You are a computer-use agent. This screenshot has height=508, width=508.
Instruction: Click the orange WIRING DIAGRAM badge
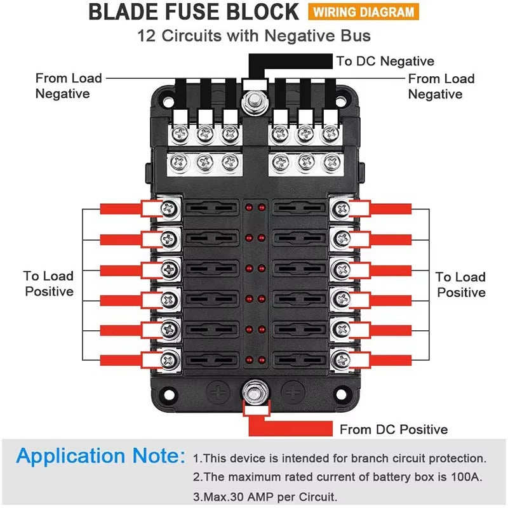(x=363, y=12)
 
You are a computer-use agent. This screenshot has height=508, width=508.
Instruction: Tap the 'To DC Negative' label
(x=385, y=61)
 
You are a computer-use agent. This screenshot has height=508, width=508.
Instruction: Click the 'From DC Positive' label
(x=394, y=429)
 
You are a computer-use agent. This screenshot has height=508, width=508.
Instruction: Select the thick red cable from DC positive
(x=290, y=427)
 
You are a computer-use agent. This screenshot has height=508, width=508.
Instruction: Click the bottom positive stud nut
(x=256, y=392)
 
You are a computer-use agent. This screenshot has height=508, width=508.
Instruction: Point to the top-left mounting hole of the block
(x=167, y=102)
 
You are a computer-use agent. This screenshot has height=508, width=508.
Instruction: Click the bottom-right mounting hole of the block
(x=340, y=394)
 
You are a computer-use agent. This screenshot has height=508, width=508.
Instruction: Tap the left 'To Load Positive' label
(x=49, y=283)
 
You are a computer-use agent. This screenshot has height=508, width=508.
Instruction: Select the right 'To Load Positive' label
(x=461, y=284)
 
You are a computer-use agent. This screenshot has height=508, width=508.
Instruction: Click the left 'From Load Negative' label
(x=69, y=86)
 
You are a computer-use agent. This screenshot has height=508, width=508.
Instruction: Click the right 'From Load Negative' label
(x=441, y=86)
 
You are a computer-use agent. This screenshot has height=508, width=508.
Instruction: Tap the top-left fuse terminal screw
(x=169, y=208)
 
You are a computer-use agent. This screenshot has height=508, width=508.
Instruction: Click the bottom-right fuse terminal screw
(x=342, y=359)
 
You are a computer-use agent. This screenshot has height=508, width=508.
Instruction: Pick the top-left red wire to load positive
(x=121, y=208)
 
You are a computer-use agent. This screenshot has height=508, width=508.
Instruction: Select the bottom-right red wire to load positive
(x=391, y=360)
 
